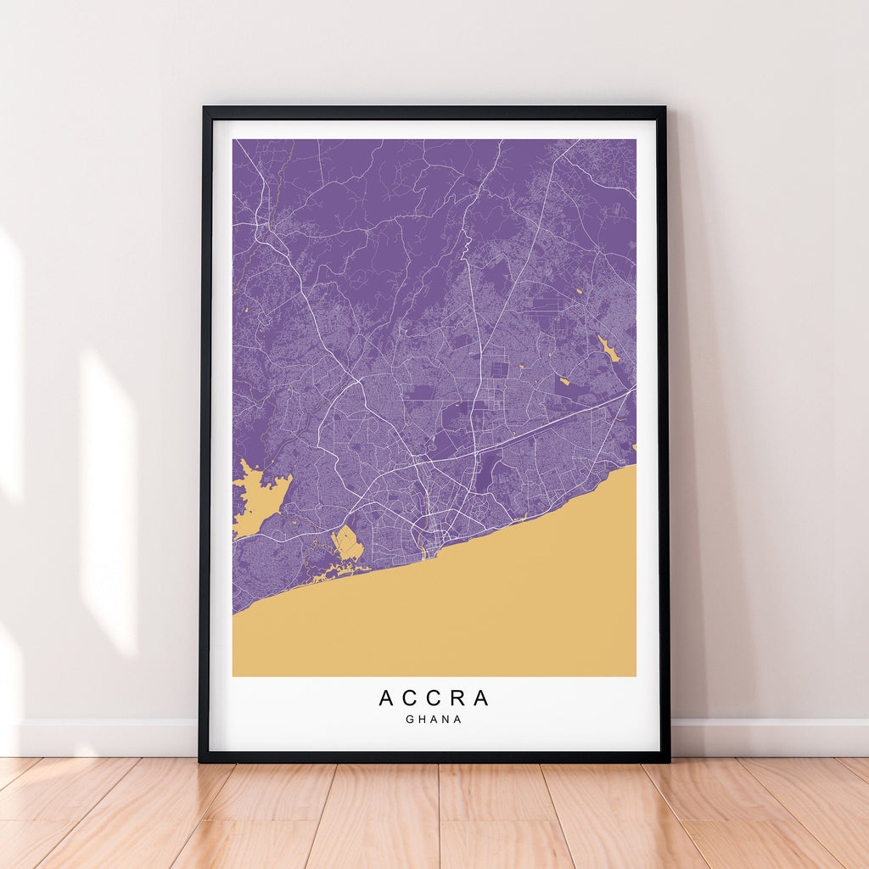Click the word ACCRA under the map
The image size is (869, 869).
tap(434, 698)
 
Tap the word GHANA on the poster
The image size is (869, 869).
tap(434, 720)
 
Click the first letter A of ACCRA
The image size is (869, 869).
tap(385, 698)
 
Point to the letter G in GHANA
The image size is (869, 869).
tap(410, 720)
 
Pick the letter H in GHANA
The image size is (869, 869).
tap(422, 720)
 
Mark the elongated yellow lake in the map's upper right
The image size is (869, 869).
tap(608, 348)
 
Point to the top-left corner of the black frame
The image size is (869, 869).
tap(205, 109)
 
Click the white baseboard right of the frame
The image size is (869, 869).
tap(764, 737)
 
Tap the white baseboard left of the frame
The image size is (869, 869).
tap(102, 737)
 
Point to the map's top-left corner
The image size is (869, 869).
tap(233, 140)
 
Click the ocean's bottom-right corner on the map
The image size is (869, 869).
tap(635, 675)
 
